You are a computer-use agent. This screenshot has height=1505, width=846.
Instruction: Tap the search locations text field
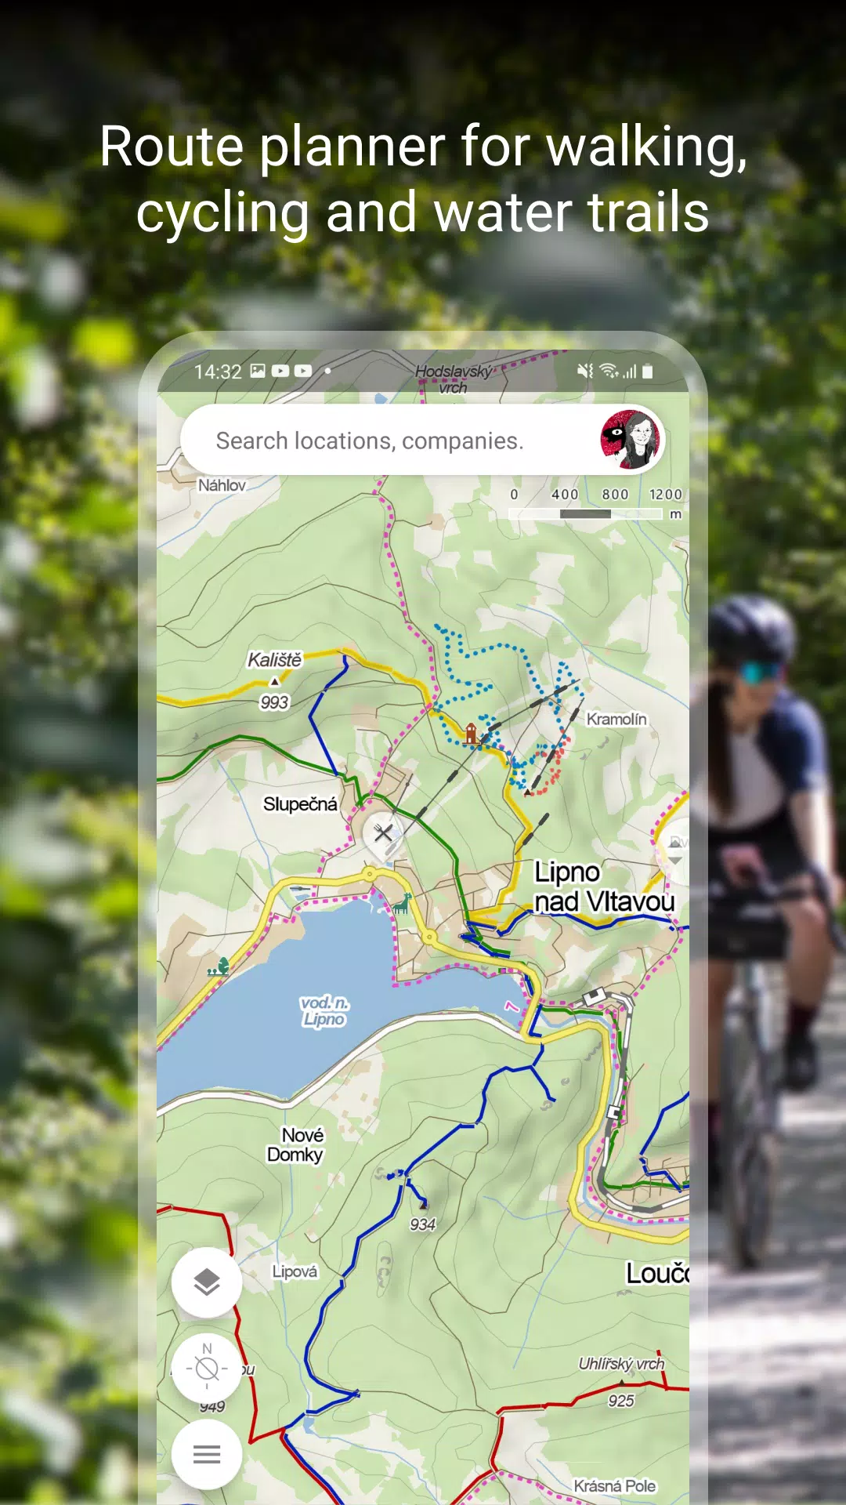coord(369,441)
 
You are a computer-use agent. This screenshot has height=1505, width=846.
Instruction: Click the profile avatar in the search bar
coord(631,440)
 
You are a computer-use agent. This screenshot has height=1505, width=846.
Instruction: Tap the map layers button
coord(207,1282)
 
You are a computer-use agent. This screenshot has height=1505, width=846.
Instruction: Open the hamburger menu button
coord(207,1455)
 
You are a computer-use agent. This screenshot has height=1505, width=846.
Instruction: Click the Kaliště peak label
coord(274,660)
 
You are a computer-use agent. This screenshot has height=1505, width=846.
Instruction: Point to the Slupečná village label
coord(300,804)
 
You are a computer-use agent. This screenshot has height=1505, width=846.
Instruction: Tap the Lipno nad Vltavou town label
coord(603,887)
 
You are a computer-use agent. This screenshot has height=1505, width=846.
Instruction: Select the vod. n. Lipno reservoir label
coord(324,1011)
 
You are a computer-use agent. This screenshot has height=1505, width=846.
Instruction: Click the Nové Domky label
coord(296,1144)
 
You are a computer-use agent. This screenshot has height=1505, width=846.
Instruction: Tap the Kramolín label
coord(616,719)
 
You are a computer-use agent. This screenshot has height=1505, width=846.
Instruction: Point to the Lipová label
coord(295,1271)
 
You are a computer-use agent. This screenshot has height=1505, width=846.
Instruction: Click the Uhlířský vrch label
coord(621,1364)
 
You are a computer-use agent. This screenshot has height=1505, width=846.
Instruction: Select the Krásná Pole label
coord(614,1486)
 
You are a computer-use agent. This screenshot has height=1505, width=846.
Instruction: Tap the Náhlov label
coord(222,485)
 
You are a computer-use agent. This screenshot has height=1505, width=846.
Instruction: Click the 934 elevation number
coord(422,1224)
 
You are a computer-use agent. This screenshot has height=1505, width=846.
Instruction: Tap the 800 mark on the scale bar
coord(615,495)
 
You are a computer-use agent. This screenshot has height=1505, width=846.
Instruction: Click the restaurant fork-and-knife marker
coord(383,832)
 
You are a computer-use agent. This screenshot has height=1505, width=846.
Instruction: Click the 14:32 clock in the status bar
coord(218,372)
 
